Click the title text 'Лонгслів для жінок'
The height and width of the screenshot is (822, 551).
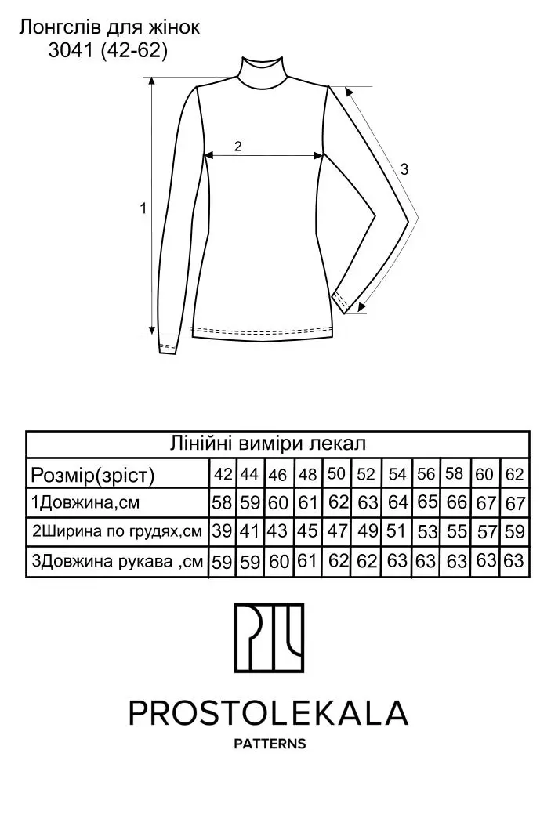[109, 27]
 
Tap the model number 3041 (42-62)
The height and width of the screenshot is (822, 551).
[108, 50]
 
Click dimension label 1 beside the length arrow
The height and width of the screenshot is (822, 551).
[143, 208]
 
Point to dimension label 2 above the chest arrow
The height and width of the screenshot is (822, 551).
[238, 147]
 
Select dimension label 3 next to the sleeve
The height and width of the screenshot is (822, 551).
[404, 169]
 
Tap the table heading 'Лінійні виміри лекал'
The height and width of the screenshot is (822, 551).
[268, 444]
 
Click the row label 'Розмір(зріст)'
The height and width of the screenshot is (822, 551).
[92, 475]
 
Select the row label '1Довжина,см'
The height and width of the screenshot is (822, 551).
[85, 503]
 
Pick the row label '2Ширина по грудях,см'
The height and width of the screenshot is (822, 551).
[117, 531]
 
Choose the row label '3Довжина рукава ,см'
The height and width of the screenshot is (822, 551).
[117, 562]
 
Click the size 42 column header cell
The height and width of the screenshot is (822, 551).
[223, 474]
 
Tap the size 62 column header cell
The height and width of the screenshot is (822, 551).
[515, 474]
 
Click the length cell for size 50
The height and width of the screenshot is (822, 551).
[336, 503]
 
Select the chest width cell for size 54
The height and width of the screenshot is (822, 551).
[397, 531]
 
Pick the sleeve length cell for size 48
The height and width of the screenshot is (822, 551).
[308, 562]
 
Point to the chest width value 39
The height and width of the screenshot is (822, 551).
[222, 531]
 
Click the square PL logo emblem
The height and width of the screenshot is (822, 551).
[269, 638]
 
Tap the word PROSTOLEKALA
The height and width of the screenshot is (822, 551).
[268, 712]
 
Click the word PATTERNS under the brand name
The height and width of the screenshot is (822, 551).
[270, 744]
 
